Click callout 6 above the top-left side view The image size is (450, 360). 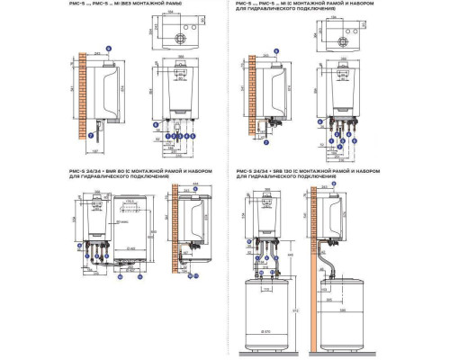pyautogui.click(x=110, y=45)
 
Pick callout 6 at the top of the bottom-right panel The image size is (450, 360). pyautogui.click(x=335, y=184)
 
